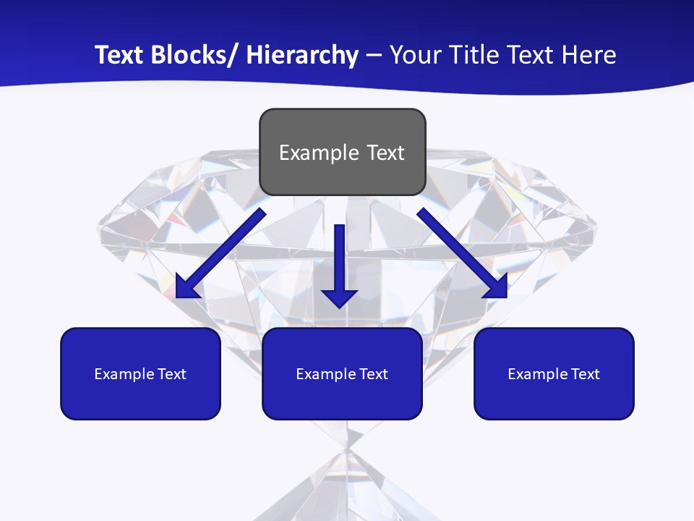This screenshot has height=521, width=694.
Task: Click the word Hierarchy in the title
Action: [x=302, y=56]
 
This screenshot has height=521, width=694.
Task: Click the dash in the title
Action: [x=374, y=56]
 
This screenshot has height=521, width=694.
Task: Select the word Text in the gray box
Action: [x=385, y=153]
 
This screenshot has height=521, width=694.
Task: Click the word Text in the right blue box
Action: [x=583, y=374]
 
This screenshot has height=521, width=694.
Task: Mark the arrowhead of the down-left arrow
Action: [x=187, y=287]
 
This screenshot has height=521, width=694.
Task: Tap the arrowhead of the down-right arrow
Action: [x=497, y=287]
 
